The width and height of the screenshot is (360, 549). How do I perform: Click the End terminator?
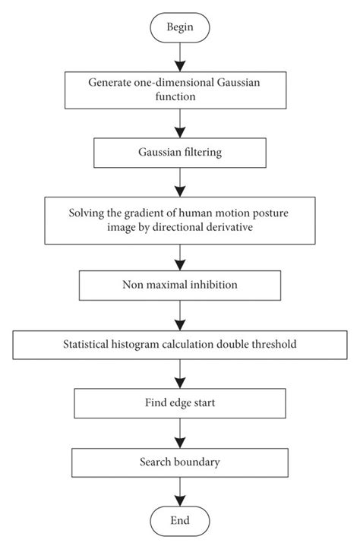(179, 521)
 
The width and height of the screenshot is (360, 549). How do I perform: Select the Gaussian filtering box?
(179, 152)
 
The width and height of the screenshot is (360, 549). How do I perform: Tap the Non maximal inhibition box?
(179, 286)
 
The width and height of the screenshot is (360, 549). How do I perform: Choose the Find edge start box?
(179, 402)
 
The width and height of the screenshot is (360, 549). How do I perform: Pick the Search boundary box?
(179, 462)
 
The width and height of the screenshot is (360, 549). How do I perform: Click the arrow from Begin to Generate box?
(179, 57)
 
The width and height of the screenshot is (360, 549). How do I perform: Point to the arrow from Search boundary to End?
(179, 491)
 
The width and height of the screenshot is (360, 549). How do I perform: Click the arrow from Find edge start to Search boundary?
(179, 432)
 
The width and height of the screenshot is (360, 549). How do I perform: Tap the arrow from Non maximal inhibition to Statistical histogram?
(179, 315)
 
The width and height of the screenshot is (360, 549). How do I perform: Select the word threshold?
(273, 345)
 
